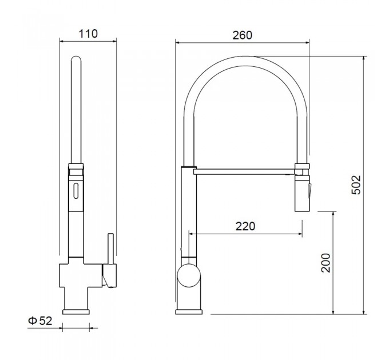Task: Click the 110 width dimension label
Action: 88,34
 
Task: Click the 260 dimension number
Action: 242,35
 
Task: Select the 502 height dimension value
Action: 356,185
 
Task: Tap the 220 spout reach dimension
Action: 245,226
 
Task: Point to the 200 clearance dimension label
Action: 326,263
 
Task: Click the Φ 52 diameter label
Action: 40,321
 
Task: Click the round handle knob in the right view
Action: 189,275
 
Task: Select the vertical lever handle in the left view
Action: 110,249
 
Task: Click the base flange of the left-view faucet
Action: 76,311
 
